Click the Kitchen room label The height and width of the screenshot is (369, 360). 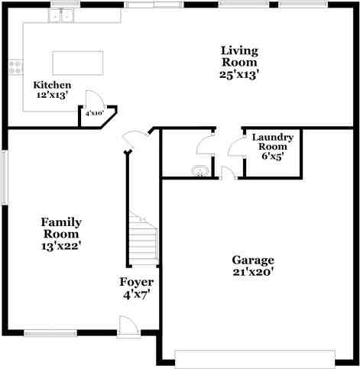53,85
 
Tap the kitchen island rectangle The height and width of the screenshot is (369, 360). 77,62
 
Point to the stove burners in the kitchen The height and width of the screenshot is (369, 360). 14,67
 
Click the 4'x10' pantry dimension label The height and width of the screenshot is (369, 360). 94,113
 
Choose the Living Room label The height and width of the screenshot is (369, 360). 240,56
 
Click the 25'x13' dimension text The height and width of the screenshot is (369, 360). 240,74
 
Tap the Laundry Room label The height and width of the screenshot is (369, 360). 272,141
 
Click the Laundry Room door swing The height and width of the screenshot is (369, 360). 235,146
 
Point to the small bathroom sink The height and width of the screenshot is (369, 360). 199,170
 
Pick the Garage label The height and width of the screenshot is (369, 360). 253,259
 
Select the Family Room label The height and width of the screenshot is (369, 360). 61,228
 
